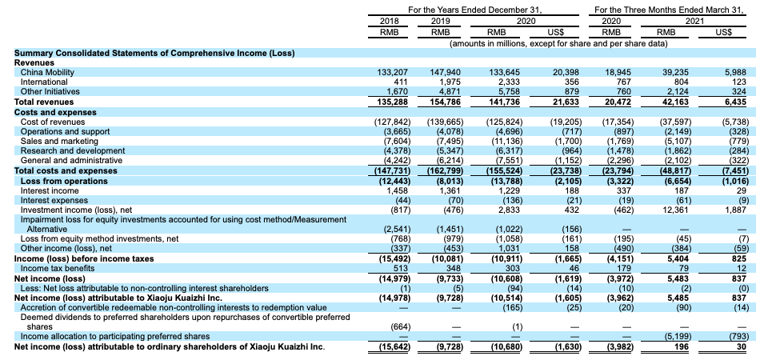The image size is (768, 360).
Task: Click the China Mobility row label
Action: (x=47, y=72)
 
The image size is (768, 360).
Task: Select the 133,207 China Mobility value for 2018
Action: (x=394, y=72)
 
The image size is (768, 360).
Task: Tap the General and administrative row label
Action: (x=71, y=159)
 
